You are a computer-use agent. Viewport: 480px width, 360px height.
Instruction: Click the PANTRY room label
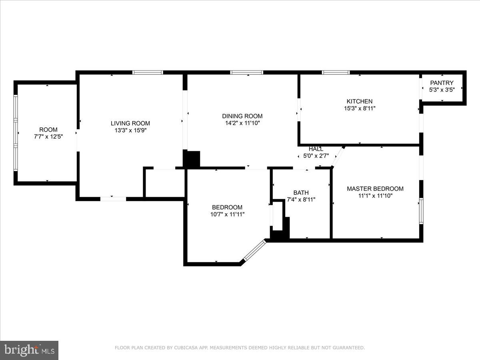442,83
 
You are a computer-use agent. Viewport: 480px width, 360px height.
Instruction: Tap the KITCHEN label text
359,101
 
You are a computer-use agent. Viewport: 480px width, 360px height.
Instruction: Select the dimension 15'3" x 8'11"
359,108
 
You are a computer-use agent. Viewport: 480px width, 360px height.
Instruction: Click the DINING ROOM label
242,116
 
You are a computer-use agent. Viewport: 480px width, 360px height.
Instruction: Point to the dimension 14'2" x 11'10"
242,123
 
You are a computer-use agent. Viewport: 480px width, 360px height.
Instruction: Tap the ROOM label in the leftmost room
48,130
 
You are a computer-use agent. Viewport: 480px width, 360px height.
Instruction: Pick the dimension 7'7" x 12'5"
48,136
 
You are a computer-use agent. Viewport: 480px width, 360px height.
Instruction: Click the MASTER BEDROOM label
375,188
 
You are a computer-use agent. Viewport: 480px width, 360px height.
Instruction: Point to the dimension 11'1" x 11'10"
375,196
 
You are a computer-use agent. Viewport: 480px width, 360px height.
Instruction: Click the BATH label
301,192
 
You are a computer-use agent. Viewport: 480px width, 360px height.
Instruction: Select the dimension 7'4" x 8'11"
301,199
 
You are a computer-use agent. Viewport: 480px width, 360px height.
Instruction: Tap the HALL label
316,149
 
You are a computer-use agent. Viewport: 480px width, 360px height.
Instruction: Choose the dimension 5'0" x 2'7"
316,156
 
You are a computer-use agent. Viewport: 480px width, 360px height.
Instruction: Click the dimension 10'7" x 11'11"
227,214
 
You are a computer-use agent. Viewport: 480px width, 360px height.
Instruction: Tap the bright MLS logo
29,350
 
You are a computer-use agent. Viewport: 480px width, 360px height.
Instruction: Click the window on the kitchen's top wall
336,72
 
